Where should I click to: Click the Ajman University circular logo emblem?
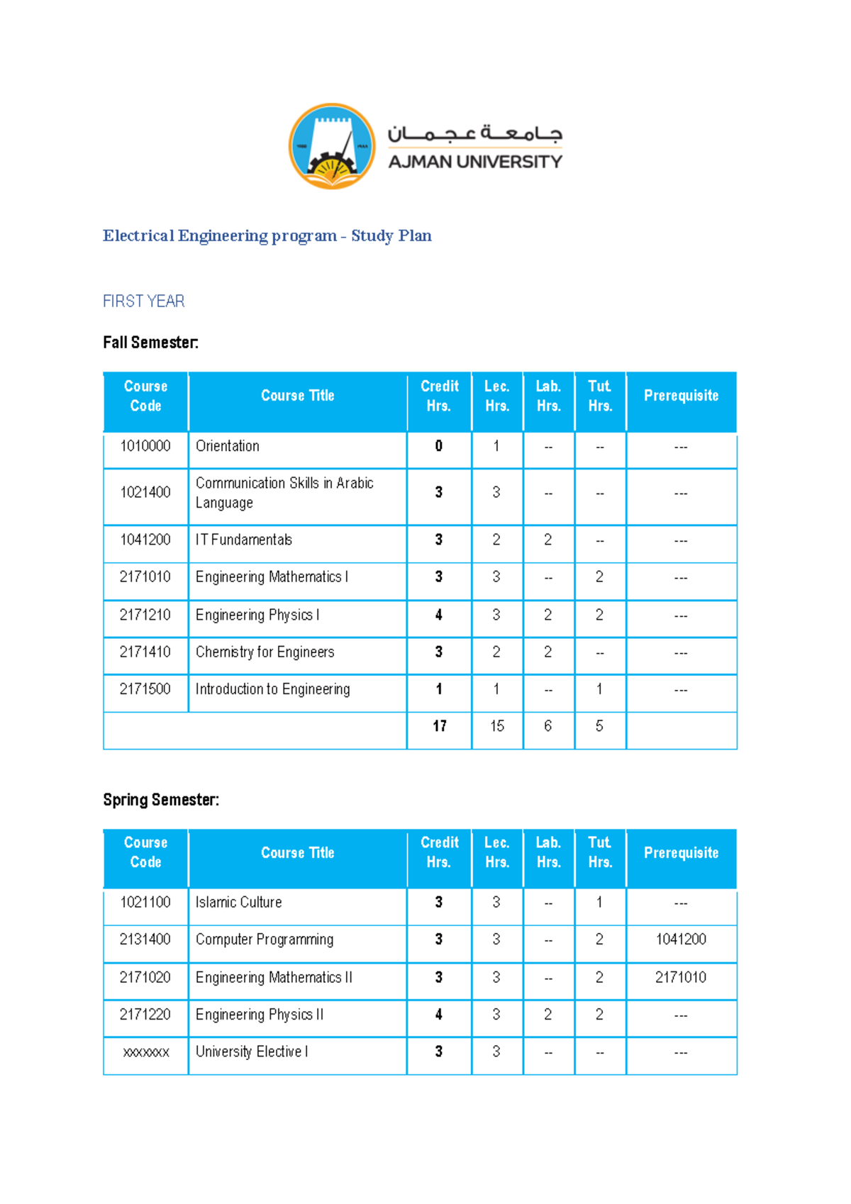(x=332, y=146)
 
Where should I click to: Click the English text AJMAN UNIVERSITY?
(x=474, y=162)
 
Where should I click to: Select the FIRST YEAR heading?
(x=143, y=301)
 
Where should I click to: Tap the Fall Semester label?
(x=150, y=342)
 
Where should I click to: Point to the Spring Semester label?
(x=161, y=800)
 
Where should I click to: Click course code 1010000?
(x=145, y=446)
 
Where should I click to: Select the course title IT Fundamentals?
(x=244, y=540)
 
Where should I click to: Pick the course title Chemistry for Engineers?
(x=265, y=652)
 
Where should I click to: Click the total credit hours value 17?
(x=440, y=726)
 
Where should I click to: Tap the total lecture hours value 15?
(x=497, y=726)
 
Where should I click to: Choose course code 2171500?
(x=145, y=689)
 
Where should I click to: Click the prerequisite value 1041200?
(x=681, y=940)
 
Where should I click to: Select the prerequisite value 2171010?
(x=681, y=977)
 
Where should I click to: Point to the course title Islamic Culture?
(x=238, y=902)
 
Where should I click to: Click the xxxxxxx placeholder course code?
(x=145, y=1052)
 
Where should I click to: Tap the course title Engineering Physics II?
(x=260, y=1015)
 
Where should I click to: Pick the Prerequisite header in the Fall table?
(x=681, y=396)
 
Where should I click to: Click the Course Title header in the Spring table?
(x=297, y=853)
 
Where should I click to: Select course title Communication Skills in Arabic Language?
(x=284, y=493)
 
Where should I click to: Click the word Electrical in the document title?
(x=138, y=235)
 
